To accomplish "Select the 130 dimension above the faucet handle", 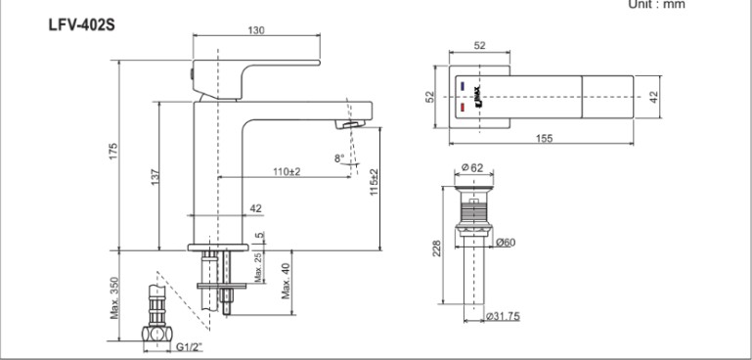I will (x=255, y=31).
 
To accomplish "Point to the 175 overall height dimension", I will (x=113, y=152).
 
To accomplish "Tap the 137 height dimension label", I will (x=154, y=175).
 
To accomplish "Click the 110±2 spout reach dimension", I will (x=286, y=172).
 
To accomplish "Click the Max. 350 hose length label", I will (x=114, y=297).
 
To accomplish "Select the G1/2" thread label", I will (x=190, y=345).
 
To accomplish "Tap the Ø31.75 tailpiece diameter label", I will (x=503, y=316).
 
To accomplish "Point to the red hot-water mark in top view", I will (x=464, y=108).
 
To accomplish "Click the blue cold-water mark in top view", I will (x=464, y=86).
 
